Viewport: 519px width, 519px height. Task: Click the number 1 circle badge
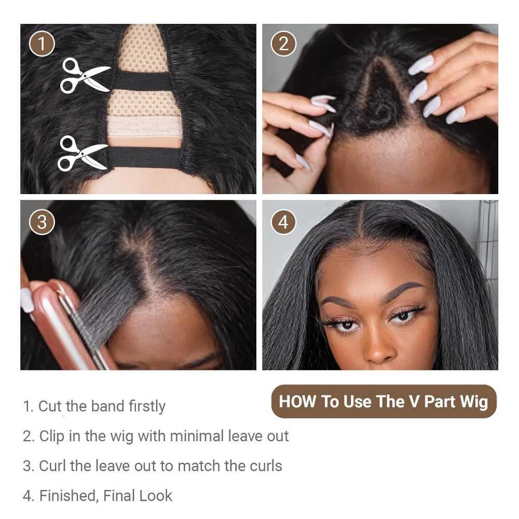pyautogui.click(x=42, y=44)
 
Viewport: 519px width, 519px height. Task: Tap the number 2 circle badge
pyautogui.click(x=283, y=44)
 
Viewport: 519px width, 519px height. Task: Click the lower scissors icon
pyautogui.click(x=83, y=153)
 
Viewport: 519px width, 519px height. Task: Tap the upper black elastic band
pyautogui.click(x=143, y=81)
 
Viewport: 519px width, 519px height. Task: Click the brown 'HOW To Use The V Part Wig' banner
pyautogui.click(x=384, y=401)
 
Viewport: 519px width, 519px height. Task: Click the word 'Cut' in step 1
pyautogui.click(x=50, y=406)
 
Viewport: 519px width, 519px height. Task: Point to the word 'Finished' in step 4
pyautogui.click(x=67, y=496)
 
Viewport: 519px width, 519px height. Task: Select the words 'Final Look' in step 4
pyautogui.click(x=138, y=496)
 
